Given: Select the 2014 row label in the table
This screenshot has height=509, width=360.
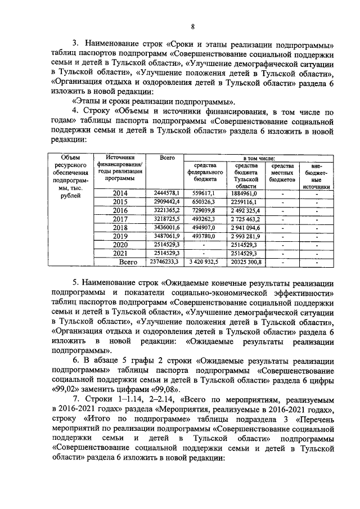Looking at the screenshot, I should coord(120,193).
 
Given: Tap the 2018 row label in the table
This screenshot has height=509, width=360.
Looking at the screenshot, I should coord(120,227).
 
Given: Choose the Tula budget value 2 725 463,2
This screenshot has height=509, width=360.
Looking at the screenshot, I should coord(246,218).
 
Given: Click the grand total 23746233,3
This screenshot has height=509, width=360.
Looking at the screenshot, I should coord(165,262).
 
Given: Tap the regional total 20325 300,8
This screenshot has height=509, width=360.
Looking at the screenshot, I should coord(246,262).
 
